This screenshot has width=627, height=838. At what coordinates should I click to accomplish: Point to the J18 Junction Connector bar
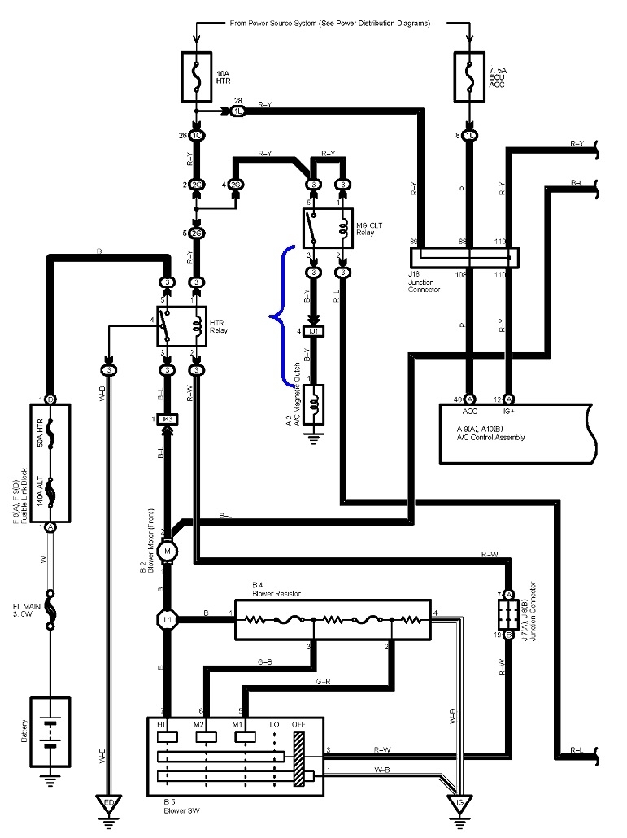pyautogui.click(x=463, y=257)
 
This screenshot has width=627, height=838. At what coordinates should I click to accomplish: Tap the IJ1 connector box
pyautogui.click(x=313, y=332)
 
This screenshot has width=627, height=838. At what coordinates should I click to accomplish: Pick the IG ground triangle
pyautogui.click(x=459, y=805)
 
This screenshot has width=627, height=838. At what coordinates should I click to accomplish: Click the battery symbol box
pyautogui.click(x=50, y=731)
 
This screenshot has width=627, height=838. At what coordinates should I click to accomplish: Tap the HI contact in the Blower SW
pyautogui.click(x=169, y=736)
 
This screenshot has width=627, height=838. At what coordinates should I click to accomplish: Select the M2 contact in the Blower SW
pyautogui.click(x=207, y=736)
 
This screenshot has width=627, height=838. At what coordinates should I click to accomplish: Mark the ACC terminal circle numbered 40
pyautogui.click(x=469, y=399)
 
